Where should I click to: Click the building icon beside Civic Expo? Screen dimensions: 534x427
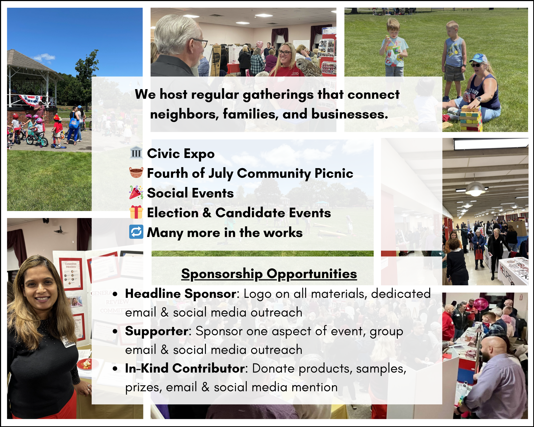(x=136, y=152)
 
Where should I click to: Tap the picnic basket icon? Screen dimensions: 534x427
(x=136, y=172)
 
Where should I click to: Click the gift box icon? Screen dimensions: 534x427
(x=136, y=212)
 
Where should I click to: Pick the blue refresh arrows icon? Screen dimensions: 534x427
(x=136, y=232)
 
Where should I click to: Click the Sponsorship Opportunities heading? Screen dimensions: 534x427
(x=269, y=274)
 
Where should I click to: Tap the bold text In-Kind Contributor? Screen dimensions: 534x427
(x=185, y=368)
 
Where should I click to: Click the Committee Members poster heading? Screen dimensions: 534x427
(x=71, y=265)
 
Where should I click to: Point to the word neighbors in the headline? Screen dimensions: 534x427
(x=184, y=114)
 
